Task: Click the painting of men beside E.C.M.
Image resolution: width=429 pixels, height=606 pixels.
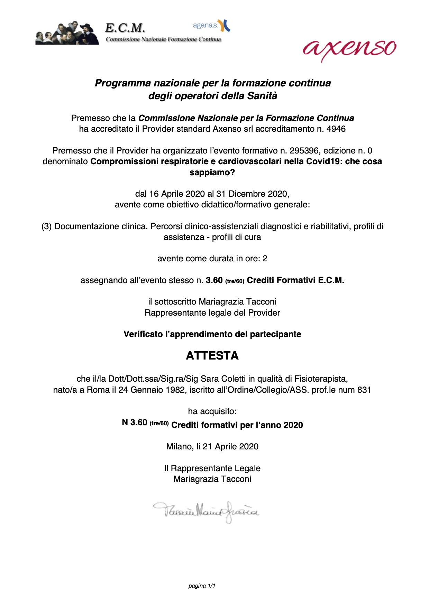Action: [67, 33]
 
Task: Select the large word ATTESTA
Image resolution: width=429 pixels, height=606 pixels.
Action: [212, 355]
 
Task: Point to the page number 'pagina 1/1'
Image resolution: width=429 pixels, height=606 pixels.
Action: [202, 586]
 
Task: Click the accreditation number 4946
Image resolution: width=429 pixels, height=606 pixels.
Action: [336, 129]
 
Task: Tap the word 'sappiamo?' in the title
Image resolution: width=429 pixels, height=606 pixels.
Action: [212, 172]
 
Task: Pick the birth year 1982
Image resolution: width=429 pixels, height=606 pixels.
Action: [175, 390]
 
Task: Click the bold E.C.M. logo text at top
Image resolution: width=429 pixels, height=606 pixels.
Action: [125, 27]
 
